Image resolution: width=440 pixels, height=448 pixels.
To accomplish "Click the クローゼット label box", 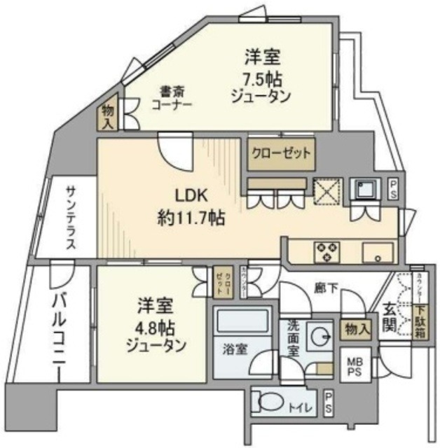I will point(278,153).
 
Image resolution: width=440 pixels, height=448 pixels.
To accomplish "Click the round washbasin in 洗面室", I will point(322,335).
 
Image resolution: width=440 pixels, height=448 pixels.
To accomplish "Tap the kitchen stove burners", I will point(327,251).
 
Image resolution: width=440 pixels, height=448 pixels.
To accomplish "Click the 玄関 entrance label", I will point(390,316).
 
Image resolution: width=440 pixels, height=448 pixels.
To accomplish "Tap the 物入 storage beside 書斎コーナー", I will point(108,117).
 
